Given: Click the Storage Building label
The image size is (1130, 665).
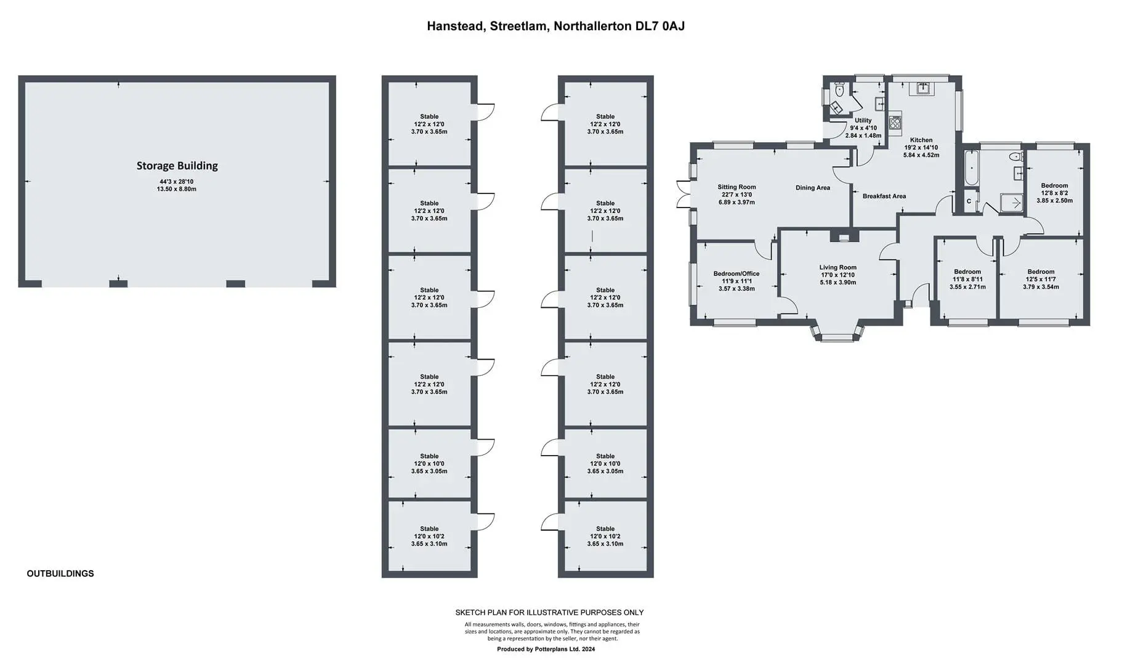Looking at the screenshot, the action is tap(177, 166).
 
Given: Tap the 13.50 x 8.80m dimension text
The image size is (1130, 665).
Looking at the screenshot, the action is tap(177, 189).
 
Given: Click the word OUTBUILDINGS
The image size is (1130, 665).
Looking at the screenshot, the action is tap(60, 573).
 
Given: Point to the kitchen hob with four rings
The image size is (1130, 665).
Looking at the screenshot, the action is tap(895, 123).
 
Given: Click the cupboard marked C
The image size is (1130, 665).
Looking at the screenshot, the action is tap(969, 201).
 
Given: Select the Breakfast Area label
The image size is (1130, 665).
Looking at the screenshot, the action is tap(884, 196).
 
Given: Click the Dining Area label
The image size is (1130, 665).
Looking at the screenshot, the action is tap(813, 188).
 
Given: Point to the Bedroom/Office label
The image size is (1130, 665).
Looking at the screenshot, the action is tap(737, 273).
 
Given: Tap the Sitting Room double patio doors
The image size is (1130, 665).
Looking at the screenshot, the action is tap(683, 194).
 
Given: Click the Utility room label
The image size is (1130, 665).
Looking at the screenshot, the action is tap(863, 121).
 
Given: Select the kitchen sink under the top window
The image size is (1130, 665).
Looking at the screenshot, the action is tap(922, 89).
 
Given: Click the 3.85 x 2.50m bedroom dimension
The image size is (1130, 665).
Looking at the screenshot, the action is tap(1055, 201).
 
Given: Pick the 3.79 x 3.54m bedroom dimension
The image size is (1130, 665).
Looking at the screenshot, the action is tap(1041, 287).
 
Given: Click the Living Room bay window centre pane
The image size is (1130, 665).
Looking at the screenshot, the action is tap(837, 337).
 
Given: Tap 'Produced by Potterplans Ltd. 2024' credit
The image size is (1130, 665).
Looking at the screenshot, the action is tap(546, 649).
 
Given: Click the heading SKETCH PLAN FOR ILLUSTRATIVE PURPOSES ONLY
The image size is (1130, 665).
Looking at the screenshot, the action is tap(549, 613).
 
